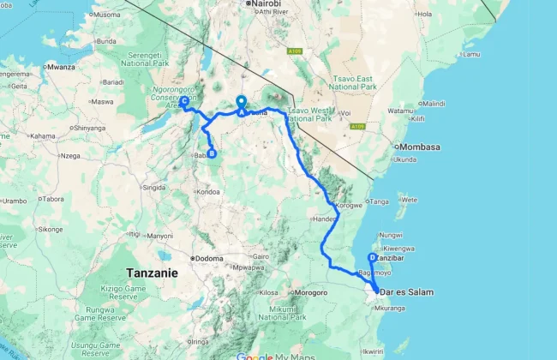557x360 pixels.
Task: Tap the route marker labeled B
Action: click(x=212, y=154)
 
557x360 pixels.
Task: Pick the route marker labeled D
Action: click(x=372, y=258)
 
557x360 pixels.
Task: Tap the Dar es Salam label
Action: click(x=406, y=292)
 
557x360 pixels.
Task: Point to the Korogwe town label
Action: click(x=350, y=206)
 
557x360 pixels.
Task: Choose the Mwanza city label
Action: click(x=62, y=66)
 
